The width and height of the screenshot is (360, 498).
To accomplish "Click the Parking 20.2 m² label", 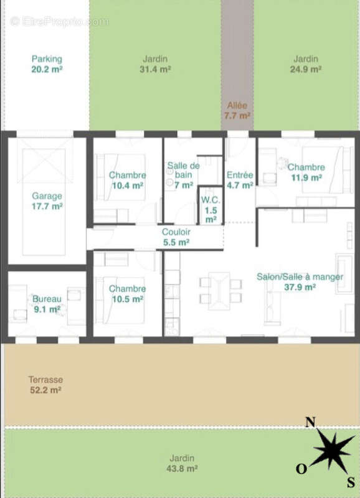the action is coord(47,64).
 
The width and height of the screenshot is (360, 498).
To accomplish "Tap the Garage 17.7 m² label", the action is coord(47,201).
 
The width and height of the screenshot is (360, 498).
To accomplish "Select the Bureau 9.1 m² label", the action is coord(47,304).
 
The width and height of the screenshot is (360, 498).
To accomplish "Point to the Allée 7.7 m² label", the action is coord(237,110).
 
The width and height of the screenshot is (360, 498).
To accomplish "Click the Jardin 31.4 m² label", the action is coord(155,64).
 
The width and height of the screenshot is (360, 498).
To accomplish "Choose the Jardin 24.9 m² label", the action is coord(306,64).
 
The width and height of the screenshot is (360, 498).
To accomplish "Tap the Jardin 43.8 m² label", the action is coord(182,463).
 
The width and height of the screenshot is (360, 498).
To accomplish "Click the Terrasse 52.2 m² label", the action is coord(45,385).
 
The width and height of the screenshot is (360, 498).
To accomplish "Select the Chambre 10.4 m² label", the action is coord(128,180).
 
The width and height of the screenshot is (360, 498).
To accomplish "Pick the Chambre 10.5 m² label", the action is coord(128,294).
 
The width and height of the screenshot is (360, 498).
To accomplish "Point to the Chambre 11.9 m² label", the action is coord(306,172).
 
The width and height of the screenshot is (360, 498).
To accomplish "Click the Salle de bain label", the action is coord(184,170).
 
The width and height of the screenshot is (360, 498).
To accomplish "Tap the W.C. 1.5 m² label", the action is coord(211,210).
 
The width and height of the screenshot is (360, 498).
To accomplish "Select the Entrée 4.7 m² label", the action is coord(240,180).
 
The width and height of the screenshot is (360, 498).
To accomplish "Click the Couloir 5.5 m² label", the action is coord(176,237).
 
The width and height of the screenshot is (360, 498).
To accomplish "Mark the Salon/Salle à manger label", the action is coord(300,276).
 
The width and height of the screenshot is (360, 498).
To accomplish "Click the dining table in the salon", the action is coord(219,291).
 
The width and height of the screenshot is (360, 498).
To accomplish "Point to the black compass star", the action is coord(333,450).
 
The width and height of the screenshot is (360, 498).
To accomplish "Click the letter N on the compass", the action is coord(310,423).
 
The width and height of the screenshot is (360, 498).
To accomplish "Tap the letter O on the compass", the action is coord(301,469).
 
